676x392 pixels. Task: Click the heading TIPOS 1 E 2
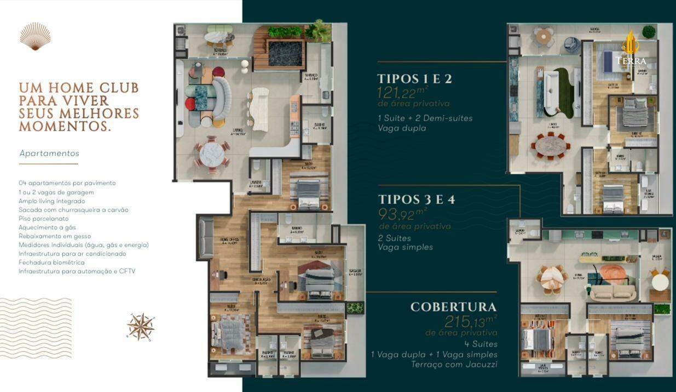(414, 79)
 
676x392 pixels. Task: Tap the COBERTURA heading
(453, 307)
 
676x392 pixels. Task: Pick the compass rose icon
(141, 327)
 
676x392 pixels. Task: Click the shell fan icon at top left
(36, 36)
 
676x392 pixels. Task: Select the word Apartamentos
(49, 154)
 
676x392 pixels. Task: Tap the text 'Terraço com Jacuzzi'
(454, 365)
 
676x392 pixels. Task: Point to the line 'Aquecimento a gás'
(47, 227)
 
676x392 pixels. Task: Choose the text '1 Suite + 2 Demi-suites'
(425, 118)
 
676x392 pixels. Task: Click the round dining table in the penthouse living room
(211, 154)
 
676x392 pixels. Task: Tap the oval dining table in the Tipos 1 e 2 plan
(551, 146)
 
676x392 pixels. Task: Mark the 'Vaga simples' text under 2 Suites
(405, 247)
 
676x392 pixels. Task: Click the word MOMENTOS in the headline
(65, 127)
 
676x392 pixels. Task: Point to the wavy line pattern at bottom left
(36, 328)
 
